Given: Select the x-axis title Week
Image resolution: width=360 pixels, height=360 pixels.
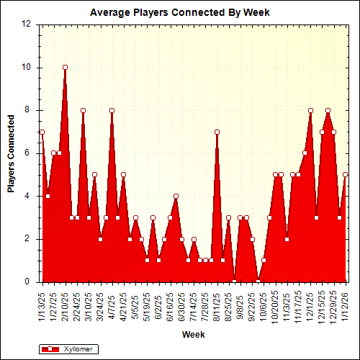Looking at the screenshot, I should tap(192, 334).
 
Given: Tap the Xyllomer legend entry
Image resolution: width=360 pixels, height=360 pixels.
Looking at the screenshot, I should tap(68, 348).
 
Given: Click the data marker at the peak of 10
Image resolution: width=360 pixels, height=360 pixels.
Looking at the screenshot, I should tap(65, 68).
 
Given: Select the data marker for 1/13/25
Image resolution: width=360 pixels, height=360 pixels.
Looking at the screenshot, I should tap(42, 132).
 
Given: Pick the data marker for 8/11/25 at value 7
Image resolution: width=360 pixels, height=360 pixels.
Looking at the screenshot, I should tap(217, 132).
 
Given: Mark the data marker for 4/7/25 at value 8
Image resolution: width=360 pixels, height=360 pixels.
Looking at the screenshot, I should tap(112, 110).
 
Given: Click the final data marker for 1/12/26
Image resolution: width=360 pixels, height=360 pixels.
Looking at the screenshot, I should tap(345, 174).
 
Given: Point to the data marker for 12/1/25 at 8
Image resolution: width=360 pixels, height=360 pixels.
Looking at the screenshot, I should tap(310, 110).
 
